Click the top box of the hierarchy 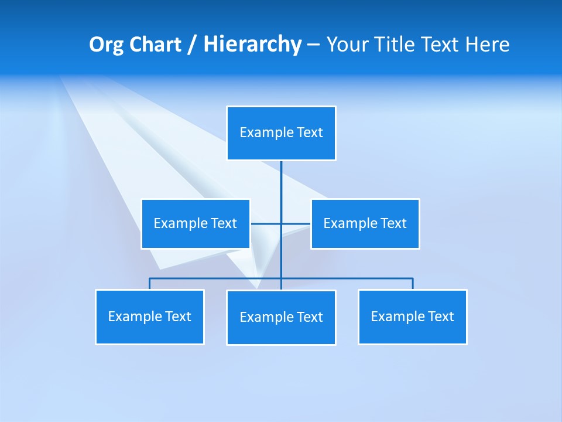click(281, 133)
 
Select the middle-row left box click(196, 223)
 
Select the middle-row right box click(365, 223)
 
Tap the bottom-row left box click(150, 316)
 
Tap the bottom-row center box click(281, 317)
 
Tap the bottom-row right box click(413, 316)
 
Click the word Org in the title click(106, 45)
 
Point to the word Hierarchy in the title click(252, 45)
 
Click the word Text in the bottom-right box click(440, 316)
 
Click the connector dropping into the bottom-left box click(150, 284)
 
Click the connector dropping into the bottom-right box click(413, 284)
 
